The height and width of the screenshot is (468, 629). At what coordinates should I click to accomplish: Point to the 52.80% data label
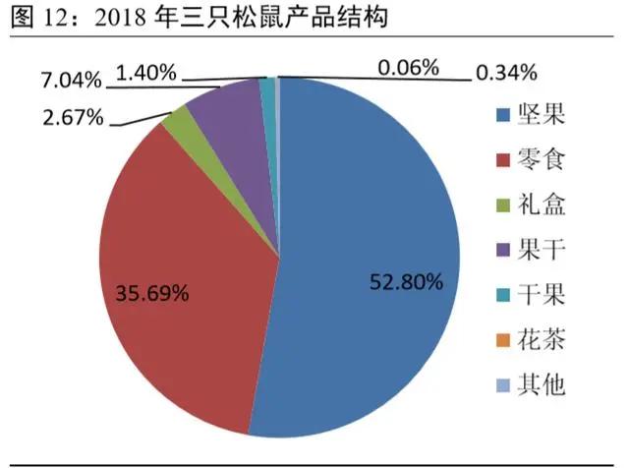407,282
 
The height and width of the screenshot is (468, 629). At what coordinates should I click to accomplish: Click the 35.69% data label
151,293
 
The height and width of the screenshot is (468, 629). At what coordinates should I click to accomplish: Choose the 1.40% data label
145,71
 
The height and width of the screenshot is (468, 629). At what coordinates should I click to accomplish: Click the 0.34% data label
506,72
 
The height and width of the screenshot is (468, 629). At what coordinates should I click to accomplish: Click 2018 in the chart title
126,17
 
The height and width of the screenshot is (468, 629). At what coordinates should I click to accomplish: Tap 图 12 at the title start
31,17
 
